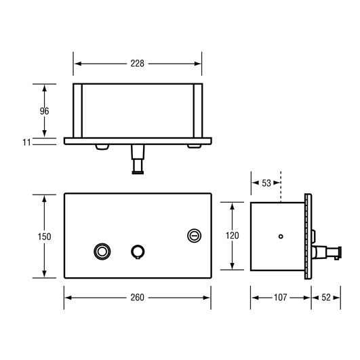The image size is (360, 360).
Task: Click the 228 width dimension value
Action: (x=138, y=63)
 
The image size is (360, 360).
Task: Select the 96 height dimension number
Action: (x=45, y=110)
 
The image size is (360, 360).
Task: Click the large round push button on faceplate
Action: (x=102, y=251)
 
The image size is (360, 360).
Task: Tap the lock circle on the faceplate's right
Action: (x=193, y=235)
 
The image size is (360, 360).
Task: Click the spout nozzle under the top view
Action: (x=138, y=165)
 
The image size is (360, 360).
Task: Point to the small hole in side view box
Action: (x=281, y=237)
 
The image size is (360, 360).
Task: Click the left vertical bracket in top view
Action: (x=78, y=110)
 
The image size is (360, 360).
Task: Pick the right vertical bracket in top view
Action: (x=198, y=110)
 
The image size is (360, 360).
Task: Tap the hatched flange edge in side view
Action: (x=310, y=237)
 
